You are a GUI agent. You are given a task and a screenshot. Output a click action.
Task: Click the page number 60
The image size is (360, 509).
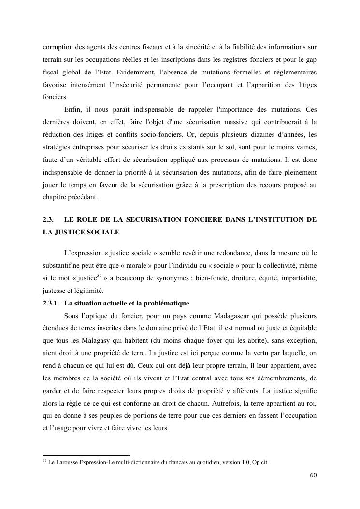pyautogui.click(x=313, y=475)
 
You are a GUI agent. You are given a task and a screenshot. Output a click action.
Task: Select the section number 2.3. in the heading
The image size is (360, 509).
pyautogui.click(x=48, y=219)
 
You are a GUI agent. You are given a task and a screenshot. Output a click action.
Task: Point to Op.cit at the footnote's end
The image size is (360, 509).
pyautogui.click(x=260, y=462)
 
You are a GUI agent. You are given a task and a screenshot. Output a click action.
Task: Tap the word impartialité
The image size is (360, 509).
pyautogui.click(x=297, y=278)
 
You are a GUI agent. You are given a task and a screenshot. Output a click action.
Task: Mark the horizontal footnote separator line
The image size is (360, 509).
pyautogui.click(x=86, y=455)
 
